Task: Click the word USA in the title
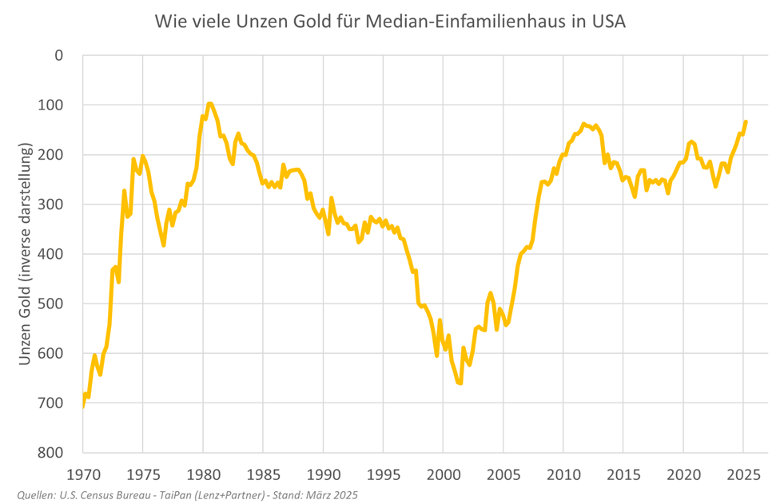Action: coord(604,22)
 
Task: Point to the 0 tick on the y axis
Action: coord(58,55)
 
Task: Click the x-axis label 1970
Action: coord(83,473)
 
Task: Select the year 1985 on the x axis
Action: coord(263,473)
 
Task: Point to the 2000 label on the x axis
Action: coord(443,473)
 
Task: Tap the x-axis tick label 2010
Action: coord(563,473)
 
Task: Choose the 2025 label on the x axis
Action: coord(743,473)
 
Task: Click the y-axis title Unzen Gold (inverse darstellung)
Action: coord(25,254)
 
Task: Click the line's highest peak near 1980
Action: coord(209,103)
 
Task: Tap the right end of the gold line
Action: coord(746,122)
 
